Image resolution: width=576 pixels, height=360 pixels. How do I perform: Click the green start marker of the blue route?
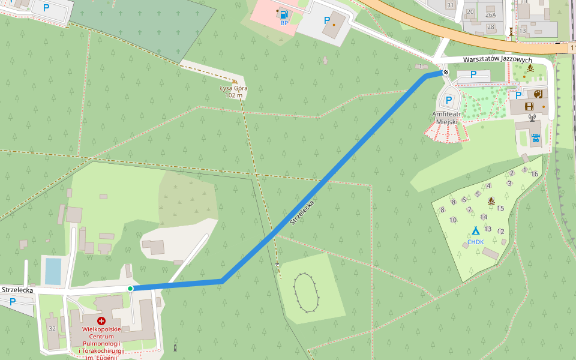click(x=130, y=289)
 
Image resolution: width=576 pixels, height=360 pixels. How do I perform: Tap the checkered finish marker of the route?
click(x=445, y=73)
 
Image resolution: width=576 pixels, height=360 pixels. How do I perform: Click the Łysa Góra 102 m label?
click(x=234, y=92)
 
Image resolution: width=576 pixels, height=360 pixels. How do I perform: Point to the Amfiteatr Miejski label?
click(x=446, y=118)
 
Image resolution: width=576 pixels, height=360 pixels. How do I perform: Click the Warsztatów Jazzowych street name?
click(x=497, y=60)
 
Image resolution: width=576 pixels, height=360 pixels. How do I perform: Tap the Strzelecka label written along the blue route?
click(x=302, y=212)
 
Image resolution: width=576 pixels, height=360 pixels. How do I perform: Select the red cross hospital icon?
click(x=101, y=321)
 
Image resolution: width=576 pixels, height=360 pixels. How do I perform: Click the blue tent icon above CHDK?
click(x=475, y=230)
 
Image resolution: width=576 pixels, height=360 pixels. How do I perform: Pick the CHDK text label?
click(x=475, y=242)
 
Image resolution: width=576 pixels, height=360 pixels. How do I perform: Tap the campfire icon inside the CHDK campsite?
click(x=491, y=201)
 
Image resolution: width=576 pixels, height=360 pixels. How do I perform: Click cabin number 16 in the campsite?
click(x=534, y=174)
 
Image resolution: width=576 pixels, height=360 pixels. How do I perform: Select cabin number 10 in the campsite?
click(x=453, y=220)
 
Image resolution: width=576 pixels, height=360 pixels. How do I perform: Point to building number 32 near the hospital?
click(x=52, y=328)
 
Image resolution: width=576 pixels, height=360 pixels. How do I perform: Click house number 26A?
click(x=491, y=15)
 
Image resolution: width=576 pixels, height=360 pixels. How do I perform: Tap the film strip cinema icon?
click(x=529, y=106)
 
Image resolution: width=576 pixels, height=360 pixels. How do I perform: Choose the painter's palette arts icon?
click(x=538, y=94)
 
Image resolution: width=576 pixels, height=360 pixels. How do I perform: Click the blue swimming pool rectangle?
click(x=53, y=271)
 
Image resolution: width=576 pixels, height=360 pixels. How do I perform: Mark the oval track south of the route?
click(x=307, y=293)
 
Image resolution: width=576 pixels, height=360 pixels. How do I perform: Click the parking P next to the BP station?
click(x=327, y=20)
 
